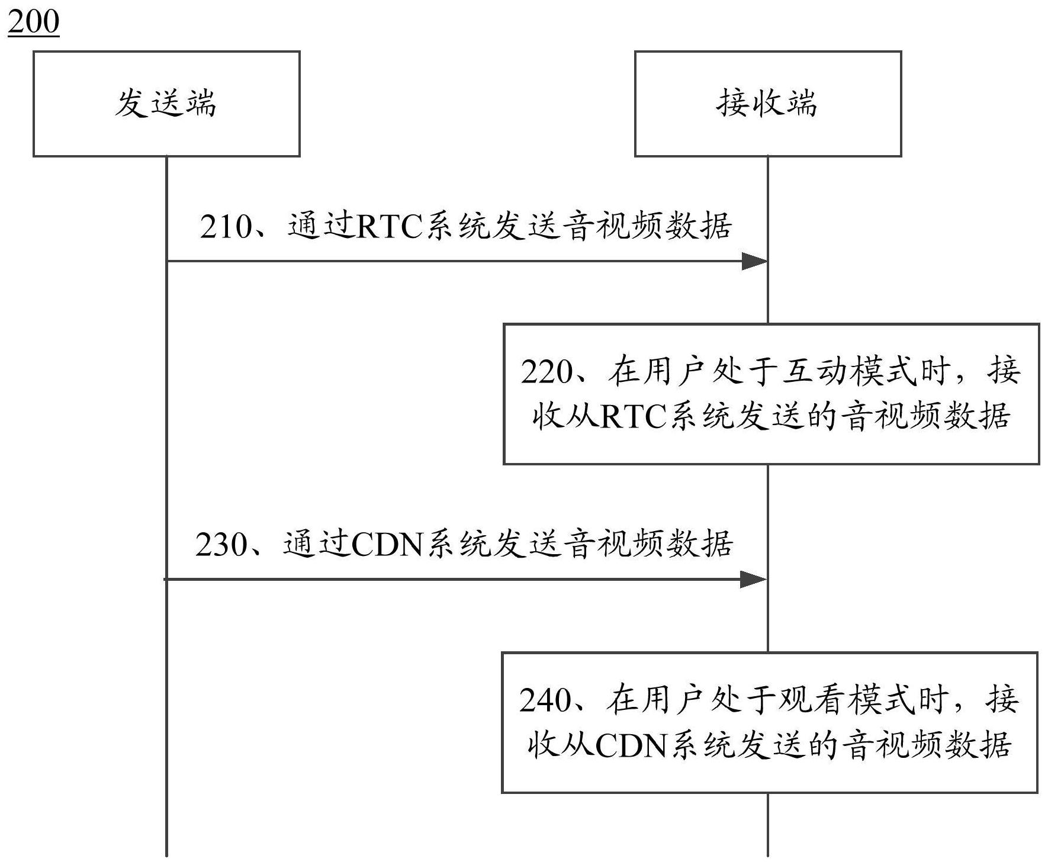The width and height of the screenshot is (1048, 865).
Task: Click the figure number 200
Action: tap(33, 22)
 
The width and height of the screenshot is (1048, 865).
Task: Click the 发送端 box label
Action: tap(166, 103)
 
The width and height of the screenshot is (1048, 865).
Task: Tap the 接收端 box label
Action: tap(767, 103)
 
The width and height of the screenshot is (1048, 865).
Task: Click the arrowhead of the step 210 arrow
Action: tap(755, 261)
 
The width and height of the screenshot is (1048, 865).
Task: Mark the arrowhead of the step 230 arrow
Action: tap(754, 579)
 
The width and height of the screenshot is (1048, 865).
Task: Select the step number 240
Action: tap(545, 701)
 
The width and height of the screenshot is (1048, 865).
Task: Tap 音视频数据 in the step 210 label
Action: tap(647, 227)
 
